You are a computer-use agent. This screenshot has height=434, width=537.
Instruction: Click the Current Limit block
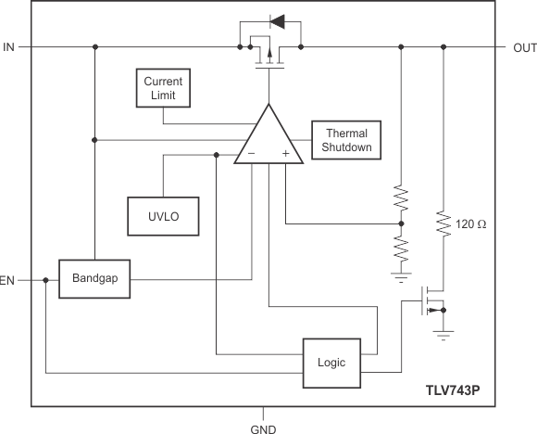pos(163,88)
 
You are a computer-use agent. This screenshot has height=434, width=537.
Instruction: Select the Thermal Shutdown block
pos(346,140)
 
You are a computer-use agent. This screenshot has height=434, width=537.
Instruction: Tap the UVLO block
pos(163,216)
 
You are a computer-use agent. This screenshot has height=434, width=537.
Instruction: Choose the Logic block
pos(332,362)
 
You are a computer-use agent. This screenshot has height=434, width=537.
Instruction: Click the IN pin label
pos(9,46)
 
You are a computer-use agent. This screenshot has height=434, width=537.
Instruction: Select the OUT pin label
pos(518,46)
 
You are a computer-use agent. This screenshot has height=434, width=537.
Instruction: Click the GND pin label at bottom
pos(264,428)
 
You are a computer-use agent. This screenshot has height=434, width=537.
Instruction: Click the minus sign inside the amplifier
pos(251,152)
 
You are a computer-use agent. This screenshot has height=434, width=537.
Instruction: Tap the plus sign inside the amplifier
pos(285,152)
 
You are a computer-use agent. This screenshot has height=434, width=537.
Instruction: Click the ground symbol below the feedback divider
pos(401,274)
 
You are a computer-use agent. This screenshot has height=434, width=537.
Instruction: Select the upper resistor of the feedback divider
pos(401,198)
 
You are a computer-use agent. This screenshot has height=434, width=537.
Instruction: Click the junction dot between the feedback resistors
pos(401,223)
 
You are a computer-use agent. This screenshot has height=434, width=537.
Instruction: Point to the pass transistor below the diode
pos(268,54)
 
